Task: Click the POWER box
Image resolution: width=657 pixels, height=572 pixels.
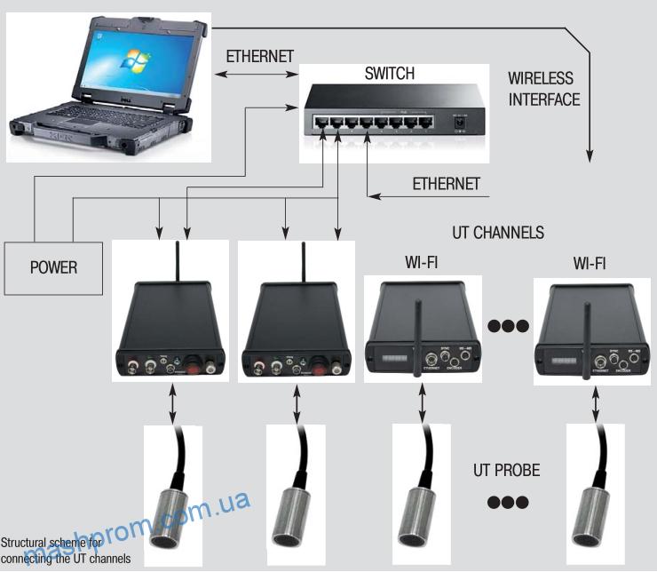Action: coord(53,266)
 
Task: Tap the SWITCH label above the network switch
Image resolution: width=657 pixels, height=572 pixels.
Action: coord(389,74)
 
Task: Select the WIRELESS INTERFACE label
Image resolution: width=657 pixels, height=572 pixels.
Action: coord(544,89)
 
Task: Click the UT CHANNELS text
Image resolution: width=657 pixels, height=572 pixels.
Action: coord(498,233)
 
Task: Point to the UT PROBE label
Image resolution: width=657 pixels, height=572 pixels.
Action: coord(508,471)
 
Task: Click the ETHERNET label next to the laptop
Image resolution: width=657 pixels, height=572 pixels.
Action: coord(260,56)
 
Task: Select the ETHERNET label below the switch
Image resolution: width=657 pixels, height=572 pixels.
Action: coord(447,184)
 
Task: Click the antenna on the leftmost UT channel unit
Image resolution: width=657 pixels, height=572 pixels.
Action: coord(178,261)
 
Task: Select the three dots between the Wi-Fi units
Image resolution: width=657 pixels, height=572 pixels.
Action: coord(508,326)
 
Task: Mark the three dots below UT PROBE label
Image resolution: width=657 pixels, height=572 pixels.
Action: coord(508,502)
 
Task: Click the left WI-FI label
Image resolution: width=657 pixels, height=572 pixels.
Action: coord(421,263)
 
